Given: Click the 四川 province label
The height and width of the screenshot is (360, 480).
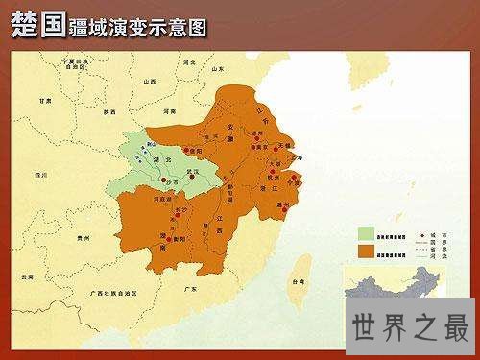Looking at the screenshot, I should (39, 176).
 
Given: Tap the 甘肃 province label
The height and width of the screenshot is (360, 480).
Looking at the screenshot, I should (44, 100).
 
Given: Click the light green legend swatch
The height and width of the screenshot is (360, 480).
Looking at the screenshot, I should (366, 232).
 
